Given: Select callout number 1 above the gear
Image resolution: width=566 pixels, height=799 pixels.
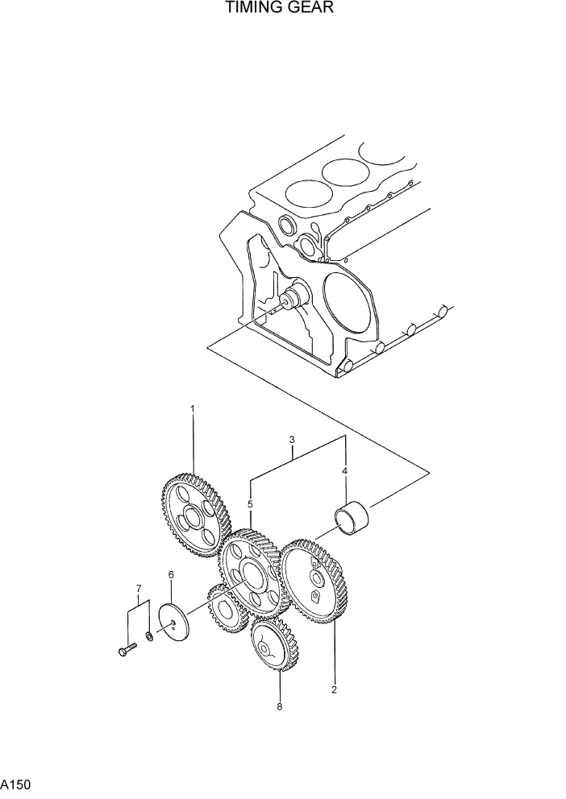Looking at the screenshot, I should (192, 409).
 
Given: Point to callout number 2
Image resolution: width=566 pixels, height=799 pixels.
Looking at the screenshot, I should (334, 689).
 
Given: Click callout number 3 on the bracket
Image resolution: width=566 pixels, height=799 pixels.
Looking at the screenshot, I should (291, 440).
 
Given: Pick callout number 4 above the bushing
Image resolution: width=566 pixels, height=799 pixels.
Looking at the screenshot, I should (345, 470).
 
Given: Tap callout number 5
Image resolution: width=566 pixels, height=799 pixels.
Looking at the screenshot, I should (250, 504).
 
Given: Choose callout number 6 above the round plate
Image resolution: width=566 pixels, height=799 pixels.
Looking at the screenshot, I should (171, 574).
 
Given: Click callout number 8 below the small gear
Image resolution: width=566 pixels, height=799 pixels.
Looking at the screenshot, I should (280, 708).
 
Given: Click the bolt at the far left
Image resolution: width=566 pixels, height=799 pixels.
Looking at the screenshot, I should (126, 648).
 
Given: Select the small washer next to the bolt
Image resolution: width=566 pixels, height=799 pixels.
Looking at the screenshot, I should (150, 638).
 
